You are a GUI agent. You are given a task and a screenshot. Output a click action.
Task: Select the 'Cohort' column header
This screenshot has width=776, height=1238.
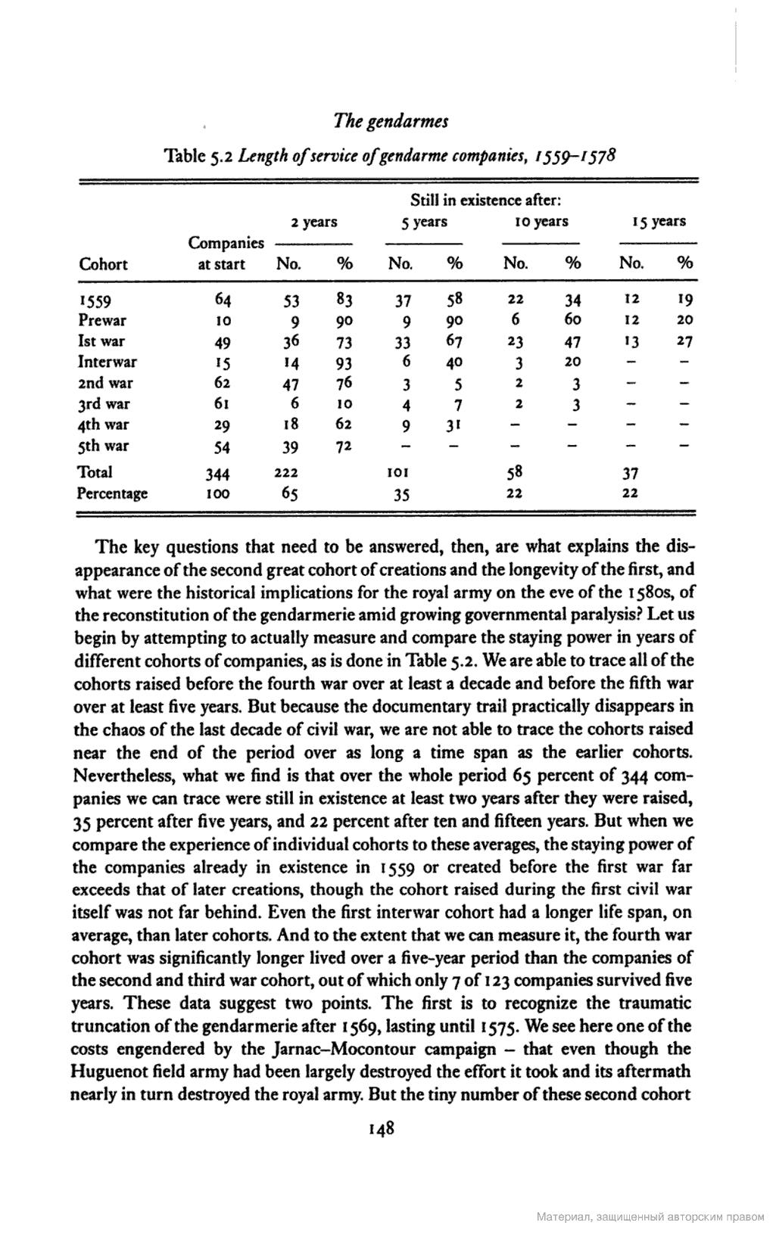pyautogui.click(x=103, y=264)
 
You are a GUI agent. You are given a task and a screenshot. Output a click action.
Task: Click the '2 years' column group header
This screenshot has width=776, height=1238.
pyautogui.click(x=314, y=222)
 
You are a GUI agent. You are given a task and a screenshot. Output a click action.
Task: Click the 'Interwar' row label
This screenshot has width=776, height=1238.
pyautogui.click(x=108, y=362)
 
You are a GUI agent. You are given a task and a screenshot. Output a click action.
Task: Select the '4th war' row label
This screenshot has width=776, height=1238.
pyautogui.click(x=104, y=425)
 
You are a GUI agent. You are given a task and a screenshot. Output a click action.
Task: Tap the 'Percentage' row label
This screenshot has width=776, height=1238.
pyautogui.click(x=112, y=494)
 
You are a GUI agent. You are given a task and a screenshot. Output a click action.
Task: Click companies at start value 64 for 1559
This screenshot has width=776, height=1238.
pyautogui.click(x=223, y=300)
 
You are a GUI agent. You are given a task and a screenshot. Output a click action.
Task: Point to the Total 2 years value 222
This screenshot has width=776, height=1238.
pyautogui.click(x=286, y=473)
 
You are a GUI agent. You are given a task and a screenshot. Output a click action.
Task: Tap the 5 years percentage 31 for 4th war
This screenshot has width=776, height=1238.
pyautogui.click(x=453, y=425)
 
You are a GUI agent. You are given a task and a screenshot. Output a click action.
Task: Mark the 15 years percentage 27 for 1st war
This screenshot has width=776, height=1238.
pyautogui.click(x=684, y=341)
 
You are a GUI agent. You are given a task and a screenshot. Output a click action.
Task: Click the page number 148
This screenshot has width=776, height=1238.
pyautogui.click(x=381, y=1129)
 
